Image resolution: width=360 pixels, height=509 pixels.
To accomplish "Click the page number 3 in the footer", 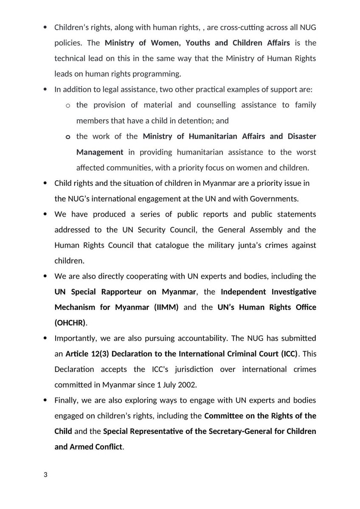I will click(x=46, y=475).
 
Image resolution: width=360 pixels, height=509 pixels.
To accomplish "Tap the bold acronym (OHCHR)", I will click(x=70, y=322).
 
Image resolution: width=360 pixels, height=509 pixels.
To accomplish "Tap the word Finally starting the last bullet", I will click(x=66, y=400).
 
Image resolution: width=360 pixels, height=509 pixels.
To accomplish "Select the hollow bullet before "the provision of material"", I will click(x=68, y=105).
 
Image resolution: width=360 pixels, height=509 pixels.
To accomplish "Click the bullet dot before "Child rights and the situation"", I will click(x=45, y=183).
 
